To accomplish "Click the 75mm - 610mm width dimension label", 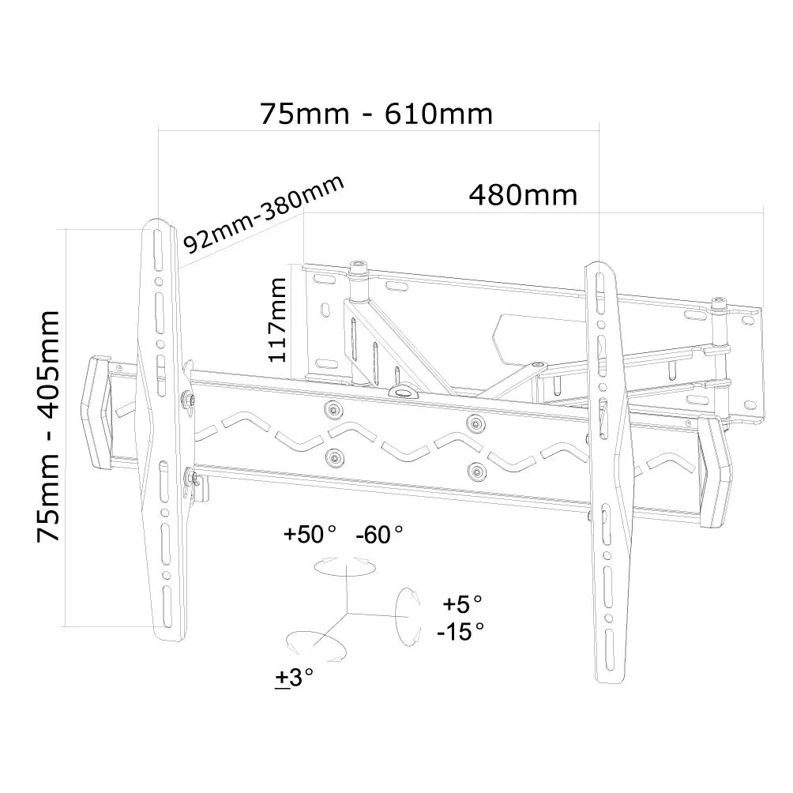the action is (x=376, y=114).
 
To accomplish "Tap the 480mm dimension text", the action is (x=523, y=195).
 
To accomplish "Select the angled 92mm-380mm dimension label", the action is (x=264, y=214).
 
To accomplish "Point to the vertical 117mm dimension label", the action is (x=277, y=320).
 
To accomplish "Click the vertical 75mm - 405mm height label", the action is (x=48, y=427).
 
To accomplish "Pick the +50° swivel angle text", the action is (x=310, y=534).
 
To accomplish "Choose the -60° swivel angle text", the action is (x=379, y=535).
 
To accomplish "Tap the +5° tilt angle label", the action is (x=462, y=603).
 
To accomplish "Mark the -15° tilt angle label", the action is (x=460, y=631).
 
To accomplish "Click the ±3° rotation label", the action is (x=294, y=677).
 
